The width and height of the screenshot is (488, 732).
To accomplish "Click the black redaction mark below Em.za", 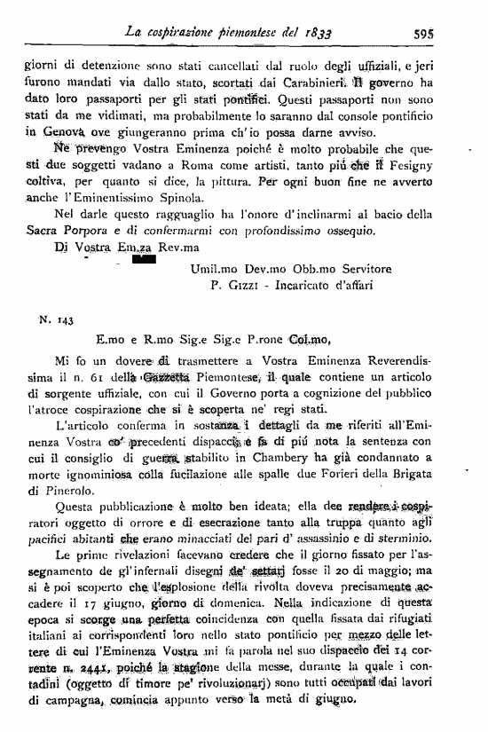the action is click(x=145, y=259).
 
